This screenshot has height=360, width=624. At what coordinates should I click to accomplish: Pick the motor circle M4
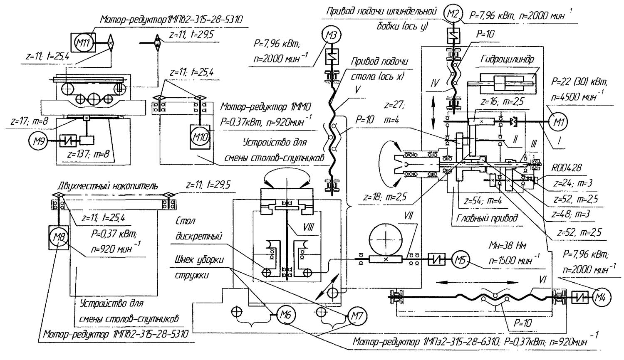[600, 297]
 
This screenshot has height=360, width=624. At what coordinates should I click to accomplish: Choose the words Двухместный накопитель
[108, 186]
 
